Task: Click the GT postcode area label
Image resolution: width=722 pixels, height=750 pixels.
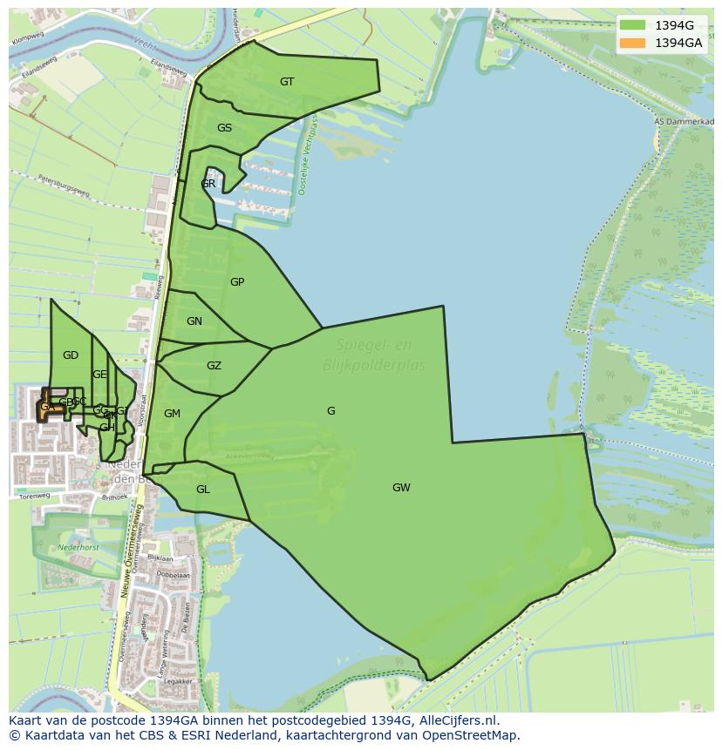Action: tap(287, 82)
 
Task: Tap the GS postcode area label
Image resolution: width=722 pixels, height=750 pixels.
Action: tap(224, 128)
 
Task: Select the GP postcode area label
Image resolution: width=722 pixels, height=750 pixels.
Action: tap(237, 282)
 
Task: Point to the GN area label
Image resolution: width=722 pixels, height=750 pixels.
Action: tap(194, 321)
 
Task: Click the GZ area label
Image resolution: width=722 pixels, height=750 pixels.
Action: tap(214, 366)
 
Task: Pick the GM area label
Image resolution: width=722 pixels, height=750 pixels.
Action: tap(172, 414)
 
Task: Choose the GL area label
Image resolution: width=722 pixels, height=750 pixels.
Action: tap(202, 490)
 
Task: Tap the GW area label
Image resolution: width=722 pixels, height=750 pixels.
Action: tap(401, 488)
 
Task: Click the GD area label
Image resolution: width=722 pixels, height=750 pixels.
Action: tap(71, 355)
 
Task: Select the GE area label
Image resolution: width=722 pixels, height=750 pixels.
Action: tap(99, 375)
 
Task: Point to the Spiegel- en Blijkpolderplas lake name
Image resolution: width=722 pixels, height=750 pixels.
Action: tap(374, 355)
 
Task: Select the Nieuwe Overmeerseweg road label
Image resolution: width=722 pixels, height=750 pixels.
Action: tap(126, 533)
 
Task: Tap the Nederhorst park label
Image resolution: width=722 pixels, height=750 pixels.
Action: tap(78, 548)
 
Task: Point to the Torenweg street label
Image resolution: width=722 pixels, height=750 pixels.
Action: tap(35, 496)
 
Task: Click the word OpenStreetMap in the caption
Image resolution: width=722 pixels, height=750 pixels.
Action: tap(476, 735)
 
